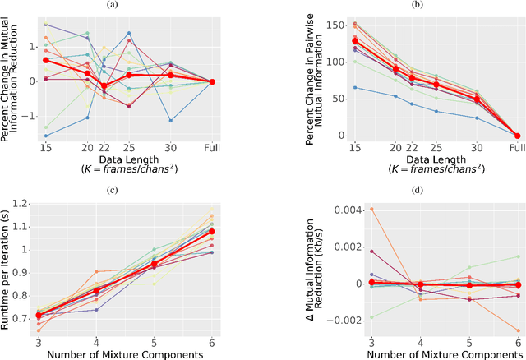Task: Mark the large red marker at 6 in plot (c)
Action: pyautogui.click(x=211, y=232)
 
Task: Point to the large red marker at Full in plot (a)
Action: pyautogui.click(x=211, y=81)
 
